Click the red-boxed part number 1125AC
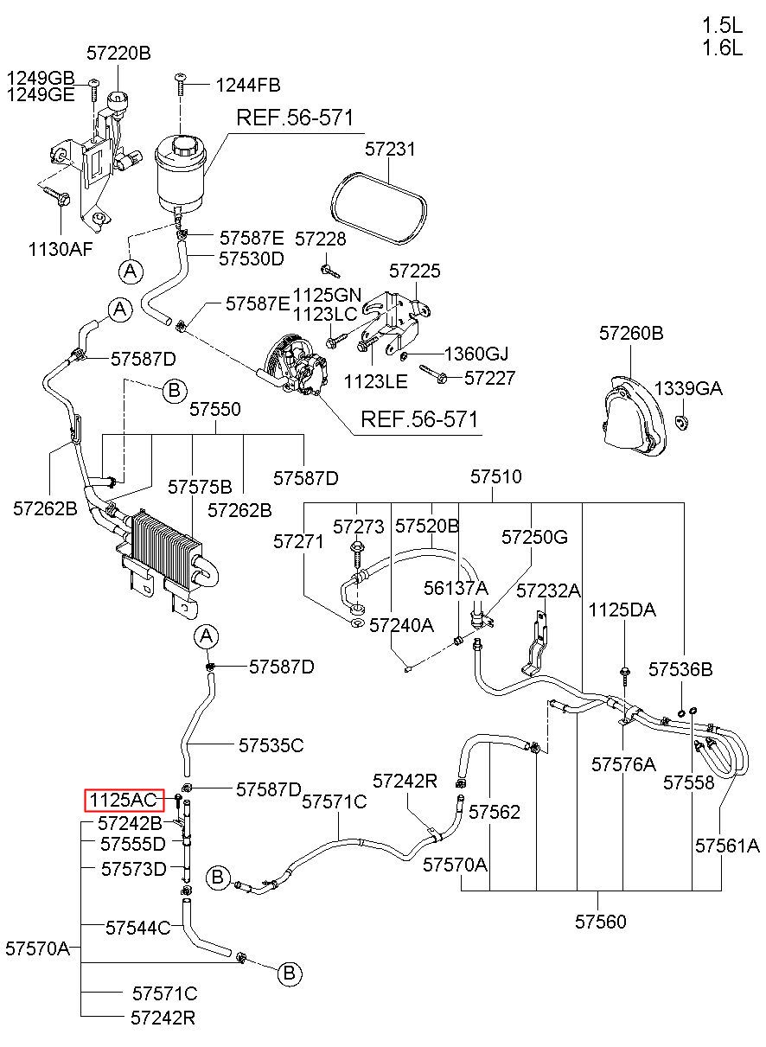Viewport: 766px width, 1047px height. [124, 801]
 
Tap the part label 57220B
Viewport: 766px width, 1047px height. [118, 53]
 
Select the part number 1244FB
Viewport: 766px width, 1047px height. [248, 85]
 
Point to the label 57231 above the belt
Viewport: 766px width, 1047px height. [390, 149]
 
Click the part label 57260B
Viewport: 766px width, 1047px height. [631, 333]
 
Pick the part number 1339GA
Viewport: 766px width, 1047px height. [688, 388]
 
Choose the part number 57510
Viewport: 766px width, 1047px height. [496, 476]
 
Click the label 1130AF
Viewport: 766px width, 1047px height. [61, 249]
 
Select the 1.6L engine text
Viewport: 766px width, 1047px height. [723, 48]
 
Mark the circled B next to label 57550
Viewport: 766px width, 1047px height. [175, 390]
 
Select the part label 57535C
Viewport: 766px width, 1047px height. [271, 745]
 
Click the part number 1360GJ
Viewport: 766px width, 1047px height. [476, 354]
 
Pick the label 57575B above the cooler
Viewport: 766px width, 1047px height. [200, 487]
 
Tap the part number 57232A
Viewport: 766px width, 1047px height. [548, 591]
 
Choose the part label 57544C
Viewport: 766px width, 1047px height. [137, 928]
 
